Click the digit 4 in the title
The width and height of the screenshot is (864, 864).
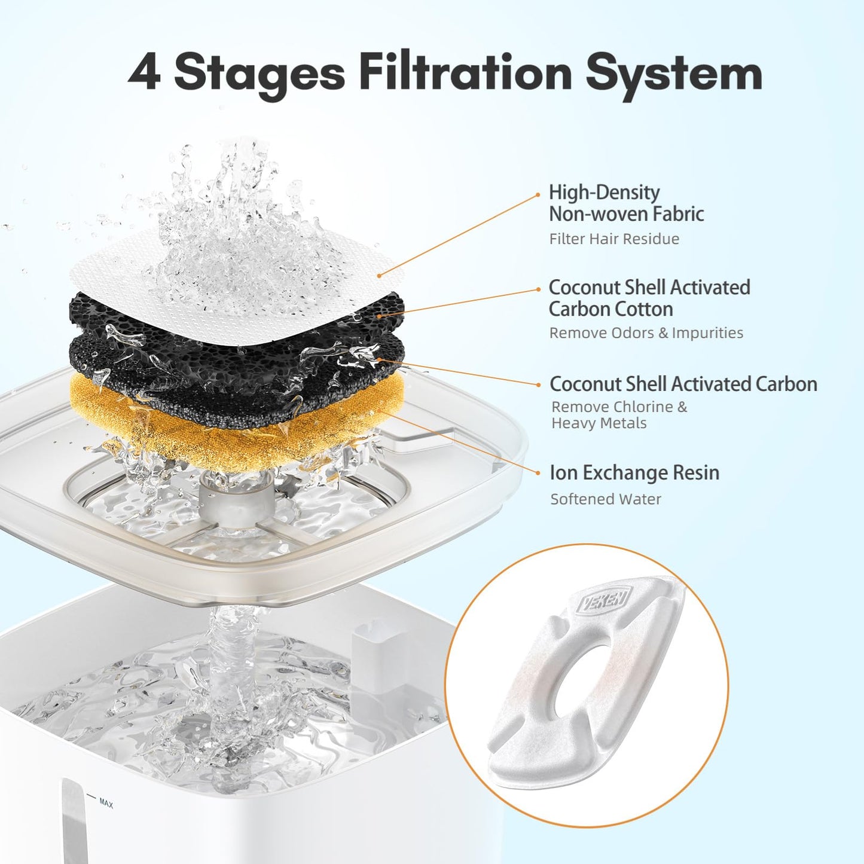pyautogui.click(x=144, y=72)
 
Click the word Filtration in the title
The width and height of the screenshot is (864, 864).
pyautogui.click(x=465, y=72)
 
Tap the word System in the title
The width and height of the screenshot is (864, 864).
pyautogui.click(x=673, y=74)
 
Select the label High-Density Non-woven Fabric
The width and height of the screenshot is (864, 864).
pyautogui.click(x=626, y=203)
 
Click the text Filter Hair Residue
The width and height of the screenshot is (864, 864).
pyautogui.click(x=614, y=239)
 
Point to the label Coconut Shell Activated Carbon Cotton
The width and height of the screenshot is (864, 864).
pyautogui.click(x=649, y=298)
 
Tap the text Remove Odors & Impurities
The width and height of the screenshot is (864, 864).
pyautogui.click(x=646, y=332)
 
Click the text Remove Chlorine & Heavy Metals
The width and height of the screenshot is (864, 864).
pyautogui.click(x=619, y=414)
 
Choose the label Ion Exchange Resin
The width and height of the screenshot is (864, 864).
pyautogui.click(x=634, y=472)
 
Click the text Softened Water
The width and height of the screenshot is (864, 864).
pyautogui.click(x=605, y=499)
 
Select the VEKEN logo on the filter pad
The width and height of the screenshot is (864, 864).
pyautogui.click(x=605, y=599)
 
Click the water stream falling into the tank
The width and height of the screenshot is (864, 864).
pyautogui.click(x=230, y=670)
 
